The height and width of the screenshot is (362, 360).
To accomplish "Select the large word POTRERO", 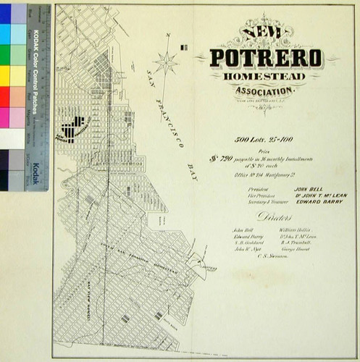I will pos(267,58).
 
